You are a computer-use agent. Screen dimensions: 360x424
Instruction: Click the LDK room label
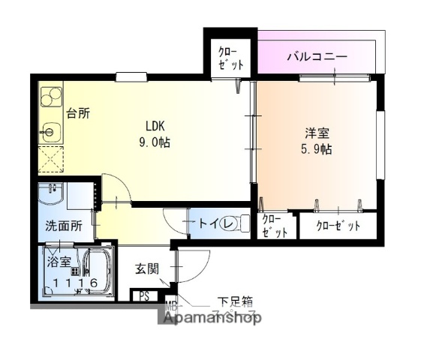tap(155, 126)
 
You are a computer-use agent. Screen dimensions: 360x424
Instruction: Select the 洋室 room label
tap(316, 133)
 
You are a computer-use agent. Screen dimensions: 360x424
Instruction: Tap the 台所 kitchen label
tap(77, 114)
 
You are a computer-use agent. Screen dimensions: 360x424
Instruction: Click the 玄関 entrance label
tap(146, 268)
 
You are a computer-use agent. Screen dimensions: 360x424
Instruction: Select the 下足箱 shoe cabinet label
tap(236, 301)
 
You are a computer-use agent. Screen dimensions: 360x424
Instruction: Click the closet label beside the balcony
tap(230, 58)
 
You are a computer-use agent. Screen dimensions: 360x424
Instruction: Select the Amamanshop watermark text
tap(209, 319)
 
